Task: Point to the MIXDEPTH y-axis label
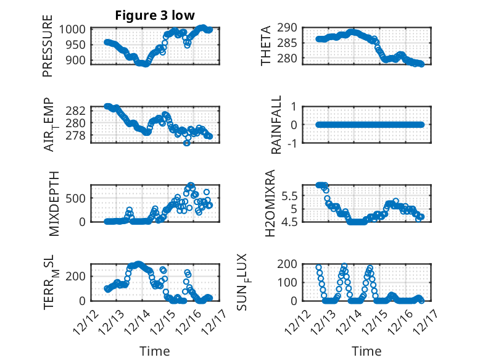[x=52, y=203]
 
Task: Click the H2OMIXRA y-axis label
[x=270, y=203]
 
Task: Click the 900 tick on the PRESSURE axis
[x=78, y=59]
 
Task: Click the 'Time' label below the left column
[x=154, y=351]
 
